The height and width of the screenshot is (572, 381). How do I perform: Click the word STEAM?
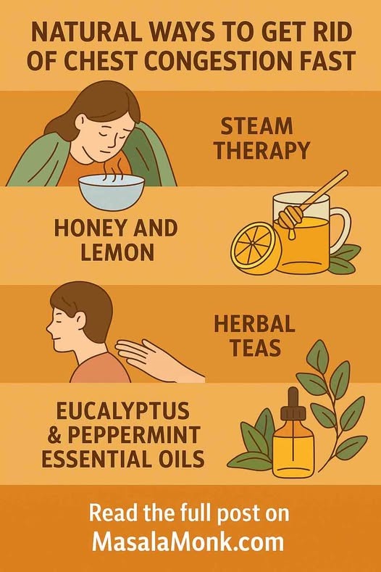tap(256, 127)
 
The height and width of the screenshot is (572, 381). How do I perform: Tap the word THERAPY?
tap(261, 150)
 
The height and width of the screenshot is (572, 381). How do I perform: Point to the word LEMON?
tap(117, 252)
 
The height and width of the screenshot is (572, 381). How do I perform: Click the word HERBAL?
tap(254, 324)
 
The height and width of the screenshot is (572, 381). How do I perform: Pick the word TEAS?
tap(255, 348)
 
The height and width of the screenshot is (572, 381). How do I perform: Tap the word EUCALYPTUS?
tap(123, 411)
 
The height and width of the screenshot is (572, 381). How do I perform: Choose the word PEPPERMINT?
tap(133, 434)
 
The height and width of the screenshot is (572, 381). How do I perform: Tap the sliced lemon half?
tap(255, 249)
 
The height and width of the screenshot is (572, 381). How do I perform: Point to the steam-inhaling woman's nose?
tap(117, 139)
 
